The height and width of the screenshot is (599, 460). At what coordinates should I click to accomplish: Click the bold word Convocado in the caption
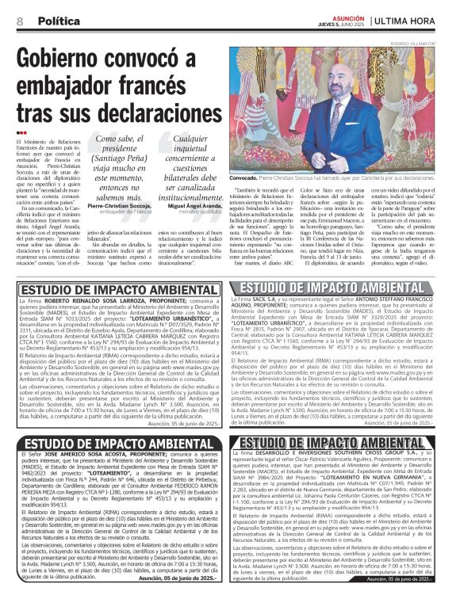coord(247,179)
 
